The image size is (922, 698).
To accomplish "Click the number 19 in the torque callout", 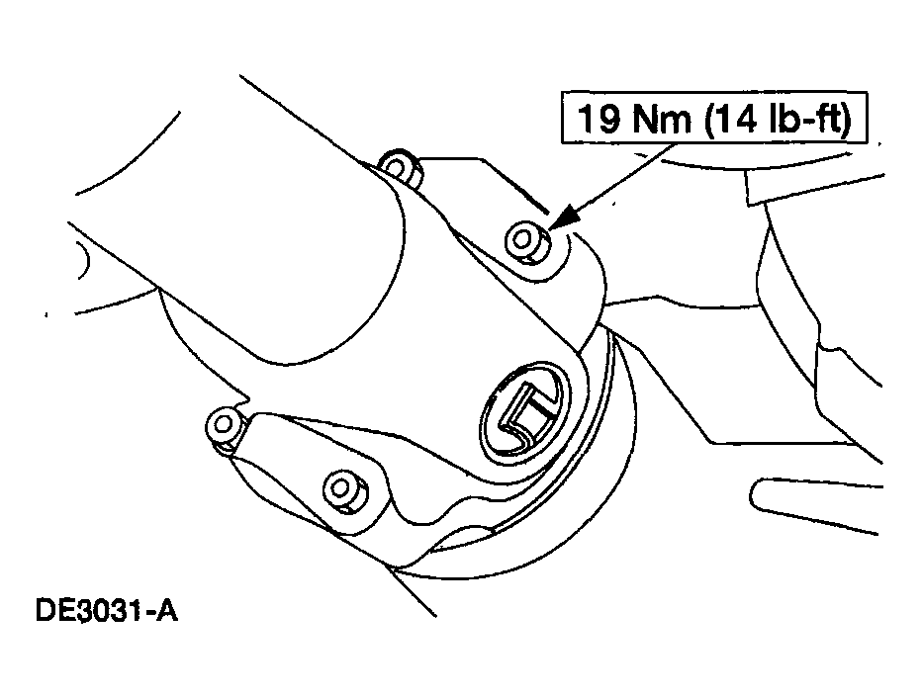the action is coord(598,118).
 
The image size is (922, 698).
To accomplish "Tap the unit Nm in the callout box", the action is coord(663,118).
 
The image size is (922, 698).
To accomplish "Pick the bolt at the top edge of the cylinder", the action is coord(400,167).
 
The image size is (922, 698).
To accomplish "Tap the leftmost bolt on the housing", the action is coord(224,427).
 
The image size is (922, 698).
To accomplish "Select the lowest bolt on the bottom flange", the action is coord(344,489).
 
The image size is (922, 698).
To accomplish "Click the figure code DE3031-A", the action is coord(107,610).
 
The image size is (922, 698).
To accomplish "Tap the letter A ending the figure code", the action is coord(166,610).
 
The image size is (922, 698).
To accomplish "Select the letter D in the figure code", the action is coord(46,610).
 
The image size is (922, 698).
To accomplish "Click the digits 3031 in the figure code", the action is coord(107,610).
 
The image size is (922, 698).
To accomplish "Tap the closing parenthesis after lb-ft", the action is coord(845,120).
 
